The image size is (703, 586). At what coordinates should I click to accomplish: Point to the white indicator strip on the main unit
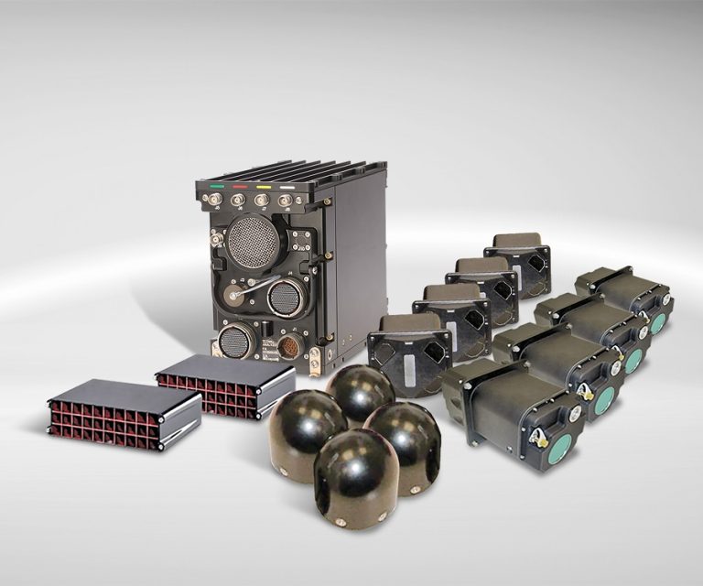coord(287,187)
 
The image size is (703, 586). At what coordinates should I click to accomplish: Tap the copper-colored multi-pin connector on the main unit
coord(288,346)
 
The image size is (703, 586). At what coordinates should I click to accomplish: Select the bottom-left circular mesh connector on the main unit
coord(234,341)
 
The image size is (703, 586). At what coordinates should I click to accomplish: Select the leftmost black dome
coord(307,423)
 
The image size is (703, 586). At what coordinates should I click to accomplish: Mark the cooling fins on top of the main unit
coord(293,171)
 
